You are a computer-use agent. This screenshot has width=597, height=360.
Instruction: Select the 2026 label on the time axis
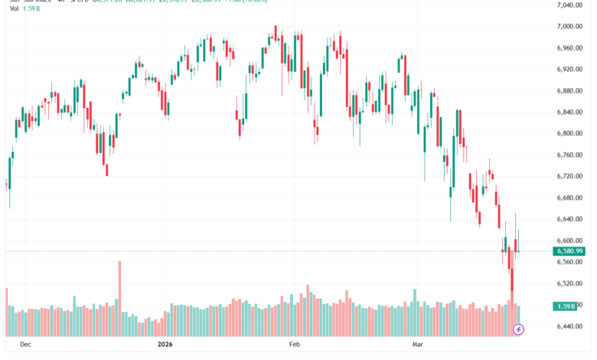(x=165, y=345)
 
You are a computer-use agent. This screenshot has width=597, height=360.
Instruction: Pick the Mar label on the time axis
(x=418, y=345)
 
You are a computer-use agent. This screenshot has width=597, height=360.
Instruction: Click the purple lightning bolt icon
(x=518, y=329)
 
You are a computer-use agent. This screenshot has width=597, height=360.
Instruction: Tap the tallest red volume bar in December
(x=120, y=299)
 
